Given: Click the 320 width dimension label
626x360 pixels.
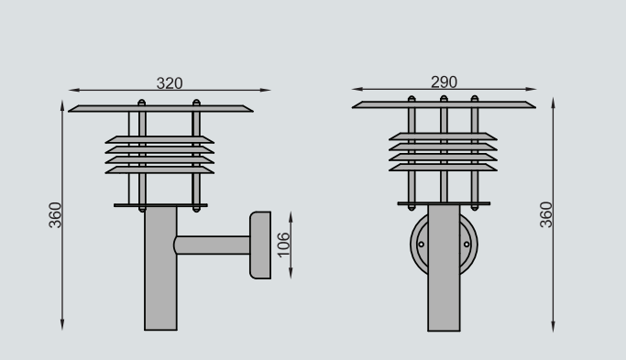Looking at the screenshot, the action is [x=170, y=83].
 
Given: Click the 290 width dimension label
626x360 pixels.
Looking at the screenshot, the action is [x=444, y=82].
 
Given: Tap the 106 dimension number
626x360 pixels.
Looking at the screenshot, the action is [x=283, y=245].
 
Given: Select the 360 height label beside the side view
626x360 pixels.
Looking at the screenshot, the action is [x=55, y=215].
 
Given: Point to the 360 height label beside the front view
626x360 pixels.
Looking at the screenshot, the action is [x=545, y=214].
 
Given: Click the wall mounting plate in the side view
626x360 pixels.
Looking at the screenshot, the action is [x=260, y=245].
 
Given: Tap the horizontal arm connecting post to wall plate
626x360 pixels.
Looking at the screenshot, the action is [x=212, y=245].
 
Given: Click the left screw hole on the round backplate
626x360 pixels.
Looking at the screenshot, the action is [x=421, y=245].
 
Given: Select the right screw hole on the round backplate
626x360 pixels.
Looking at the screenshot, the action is [x=467, y=245].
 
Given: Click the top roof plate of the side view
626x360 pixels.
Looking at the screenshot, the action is [x=160, y=109].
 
